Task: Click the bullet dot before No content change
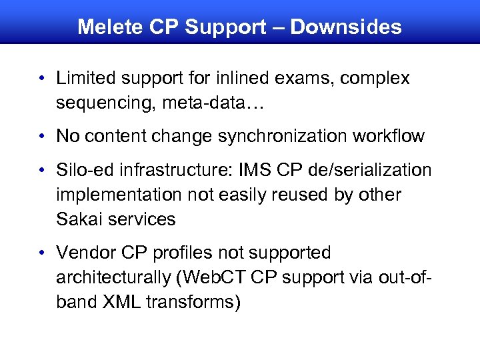(42, 137)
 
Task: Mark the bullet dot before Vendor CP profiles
(42, 253)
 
